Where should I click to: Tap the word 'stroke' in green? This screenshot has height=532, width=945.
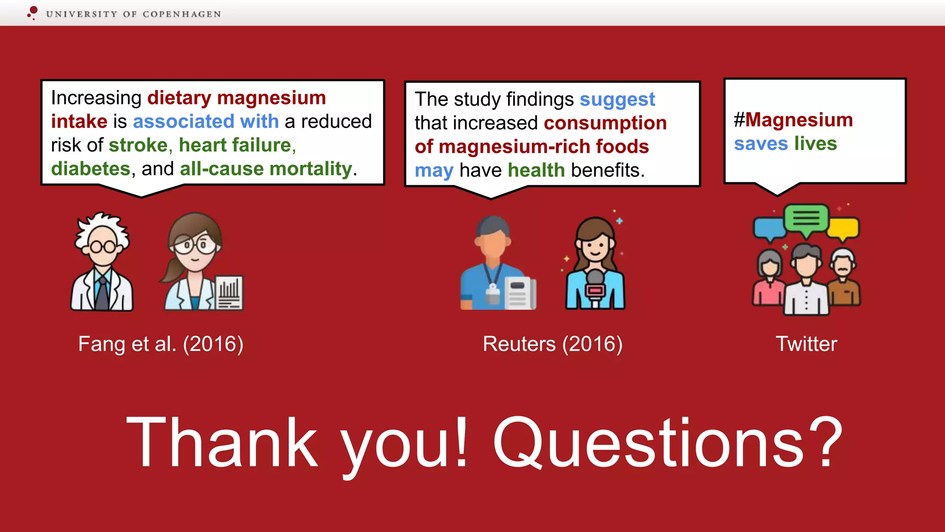[x=138, y=145]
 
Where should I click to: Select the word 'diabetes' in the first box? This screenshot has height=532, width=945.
[x=91, y=169]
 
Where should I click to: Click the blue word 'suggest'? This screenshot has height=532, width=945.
[x=617, y=100]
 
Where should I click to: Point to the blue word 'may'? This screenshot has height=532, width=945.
[x=434, y=171]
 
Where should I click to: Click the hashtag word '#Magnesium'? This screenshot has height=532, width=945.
[x=793, y=120]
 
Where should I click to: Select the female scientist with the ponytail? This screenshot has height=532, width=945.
[x=194, y=261]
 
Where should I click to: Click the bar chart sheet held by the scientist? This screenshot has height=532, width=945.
[x=229, y=293]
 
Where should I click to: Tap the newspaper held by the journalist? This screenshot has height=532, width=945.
[x=520, y=293]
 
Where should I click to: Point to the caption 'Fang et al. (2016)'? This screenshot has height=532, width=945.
[x=161, y=344]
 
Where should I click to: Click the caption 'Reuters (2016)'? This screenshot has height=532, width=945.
[x=552, y=344]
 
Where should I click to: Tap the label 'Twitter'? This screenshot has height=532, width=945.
[x=806, y=344]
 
